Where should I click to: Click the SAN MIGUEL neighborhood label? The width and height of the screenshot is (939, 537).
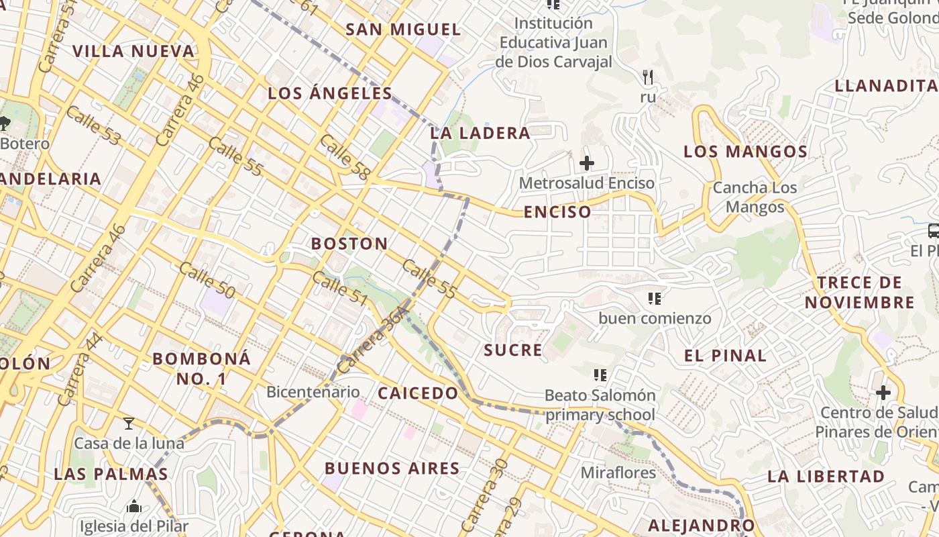403,30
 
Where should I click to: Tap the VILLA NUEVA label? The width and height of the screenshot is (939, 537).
133,51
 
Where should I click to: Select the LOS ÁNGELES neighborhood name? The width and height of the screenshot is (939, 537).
330,93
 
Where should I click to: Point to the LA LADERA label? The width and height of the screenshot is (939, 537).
480,133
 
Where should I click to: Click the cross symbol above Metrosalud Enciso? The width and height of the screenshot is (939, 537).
587,163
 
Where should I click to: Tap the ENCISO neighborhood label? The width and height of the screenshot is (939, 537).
557,212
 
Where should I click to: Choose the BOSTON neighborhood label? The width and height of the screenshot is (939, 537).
349,244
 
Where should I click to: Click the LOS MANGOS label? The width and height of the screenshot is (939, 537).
745,152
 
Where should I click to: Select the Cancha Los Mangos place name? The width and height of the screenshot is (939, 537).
755,197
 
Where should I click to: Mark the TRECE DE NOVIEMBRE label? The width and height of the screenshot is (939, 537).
859,292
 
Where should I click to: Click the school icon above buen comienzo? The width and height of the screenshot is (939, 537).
655,298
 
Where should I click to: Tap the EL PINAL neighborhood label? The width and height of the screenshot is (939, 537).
725,356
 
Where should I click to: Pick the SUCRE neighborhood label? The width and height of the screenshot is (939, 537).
513,350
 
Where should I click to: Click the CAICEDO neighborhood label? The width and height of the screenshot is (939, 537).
418,393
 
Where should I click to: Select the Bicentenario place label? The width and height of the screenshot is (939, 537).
313,391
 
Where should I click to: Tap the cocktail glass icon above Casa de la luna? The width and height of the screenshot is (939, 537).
129,424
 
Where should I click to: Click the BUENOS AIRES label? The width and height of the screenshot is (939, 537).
392,469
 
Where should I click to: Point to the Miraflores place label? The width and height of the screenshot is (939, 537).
618,473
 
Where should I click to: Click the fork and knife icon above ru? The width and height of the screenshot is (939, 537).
647,77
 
